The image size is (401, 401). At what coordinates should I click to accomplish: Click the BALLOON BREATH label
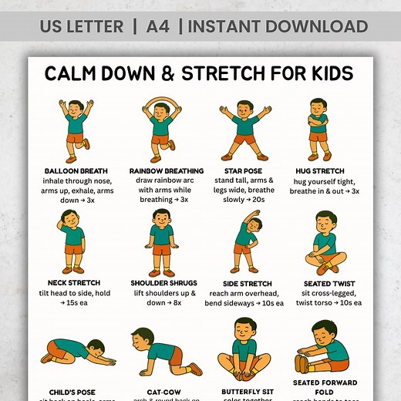click(76, 170)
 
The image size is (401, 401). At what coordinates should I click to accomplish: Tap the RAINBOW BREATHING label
click(167, 170)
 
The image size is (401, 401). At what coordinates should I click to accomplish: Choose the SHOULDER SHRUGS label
click(161, 282)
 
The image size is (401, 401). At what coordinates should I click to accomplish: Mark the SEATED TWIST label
click(329, 283)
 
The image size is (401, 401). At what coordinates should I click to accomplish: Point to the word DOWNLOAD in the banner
click(315, 27)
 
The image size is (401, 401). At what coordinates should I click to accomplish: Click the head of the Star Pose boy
click(245, 107)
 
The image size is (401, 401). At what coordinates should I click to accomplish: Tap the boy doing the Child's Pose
click(77, 352)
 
